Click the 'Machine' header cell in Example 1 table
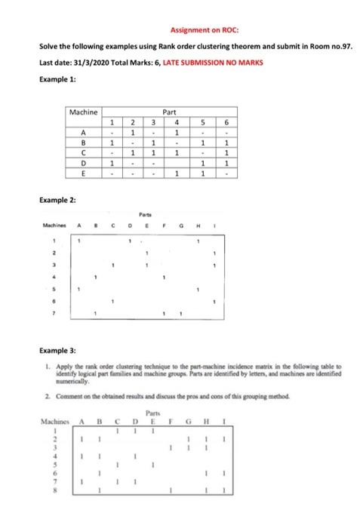(83, 112)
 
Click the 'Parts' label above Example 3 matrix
(154, 412)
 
